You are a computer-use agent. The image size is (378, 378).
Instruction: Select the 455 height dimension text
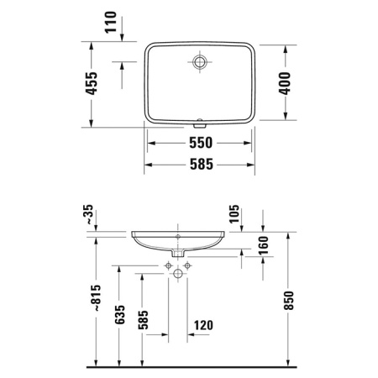93,83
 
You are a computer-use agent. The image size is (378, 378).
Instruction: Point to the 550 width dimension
199,143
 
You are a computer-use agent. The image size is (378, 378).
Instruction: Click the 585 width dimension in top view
199,165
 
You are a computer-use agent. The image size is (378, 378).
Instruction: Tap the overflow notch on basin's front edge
199,118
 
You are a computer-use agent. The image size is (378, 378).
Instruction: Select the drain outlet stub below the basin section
179,253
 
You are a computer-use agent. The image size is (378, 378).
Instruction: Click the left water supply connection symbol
168,265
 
